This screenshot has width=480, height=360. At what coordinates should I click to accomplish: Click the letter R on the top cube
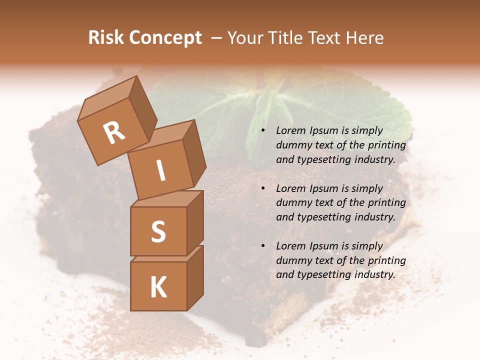(114, 133)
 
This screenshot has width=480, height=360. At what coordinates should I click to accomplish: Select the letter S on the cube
(158, 231)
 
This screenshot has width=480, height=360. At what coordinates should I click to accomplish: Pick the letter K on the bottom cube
(158, 287)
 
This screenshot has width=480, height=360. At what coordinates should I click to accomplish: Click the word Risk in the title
(105, 37)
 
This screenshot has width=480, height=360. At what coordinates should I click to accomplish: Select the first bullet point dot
(262, 131)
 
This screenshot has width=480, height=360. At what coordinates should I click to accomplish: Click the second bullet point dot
(262, 189)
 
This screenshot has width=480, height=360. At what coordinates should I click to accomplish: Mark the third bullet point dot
(262, 246)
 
